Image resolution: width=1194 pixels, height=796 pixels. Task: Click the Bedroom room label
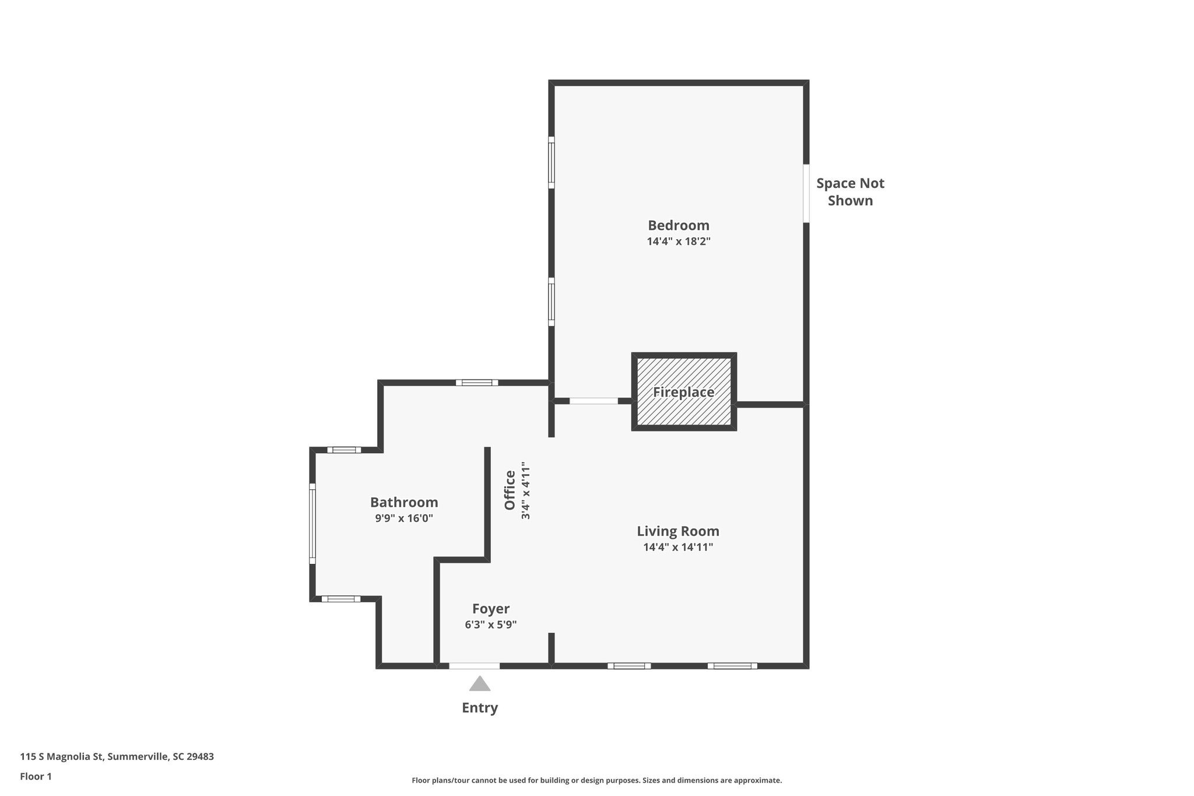pyautogui.click(x=678, y=225)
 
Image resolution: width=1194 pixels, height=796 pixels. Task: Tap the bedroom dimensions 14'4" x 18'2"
pyautogui.click(x=678, y=241)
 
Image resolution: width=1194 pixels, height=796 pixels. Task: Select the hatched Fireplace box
pyautogui.click(x=683, y=391)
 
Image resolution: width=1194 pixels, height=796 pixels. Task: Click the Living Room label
pyautogui.click(x=677, y=531)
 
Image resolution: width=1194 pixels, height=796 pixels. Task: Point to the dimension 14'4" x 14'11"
pyautogui.click(x=677, y=548)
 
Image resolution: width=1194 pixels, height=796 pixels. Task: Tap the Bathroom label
pyautogui.click(x=404, y=502)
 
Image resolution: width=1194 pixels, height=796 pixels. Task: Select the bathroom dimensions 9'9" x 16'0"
pyautogui.click(x=403, y=518)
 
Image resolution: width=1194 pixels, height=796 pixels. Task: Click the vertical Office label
pyautogui.click(x=510, y=490)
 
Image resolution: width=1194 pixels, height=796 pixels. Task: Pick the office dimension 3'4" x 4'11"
pyautogui.click(x=526, y=490)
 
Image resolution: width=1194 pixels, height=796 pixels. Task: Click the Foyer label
pyautogui.click(x=490, y=609)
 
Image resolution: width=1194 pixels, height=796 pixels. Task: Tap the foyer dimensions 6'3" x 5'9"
pyautogui.click(x=490, y=625)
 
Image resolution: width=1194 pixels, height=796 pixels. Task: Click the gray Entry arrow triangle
pyautogui.click(x=479, y=685)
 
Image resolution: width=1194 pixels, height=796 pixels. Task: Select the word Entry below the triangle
pyautogui.click(x=479, y=708)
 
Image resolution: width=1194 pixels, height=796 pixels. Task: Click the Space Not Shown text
pyautogui.click(x=849, y=192)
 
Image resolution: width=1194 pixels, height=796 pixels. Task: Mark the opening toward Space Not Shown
pyautogui.click(x=806, y=193)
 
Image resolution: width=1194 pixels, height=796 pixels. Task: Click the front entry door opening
pyautogui.click(x=474, y=665)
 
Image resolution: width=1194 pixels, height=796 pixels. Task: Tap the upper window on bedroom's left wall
pyautogui.click(x=551, y=163)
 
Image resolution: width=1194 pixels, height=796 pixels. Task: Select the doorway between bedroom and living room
pyautogui.click(x=593, y=401)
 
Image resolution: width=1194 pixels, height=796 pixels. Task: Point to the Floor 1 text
pyautogui.click(x=36, y=776)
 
